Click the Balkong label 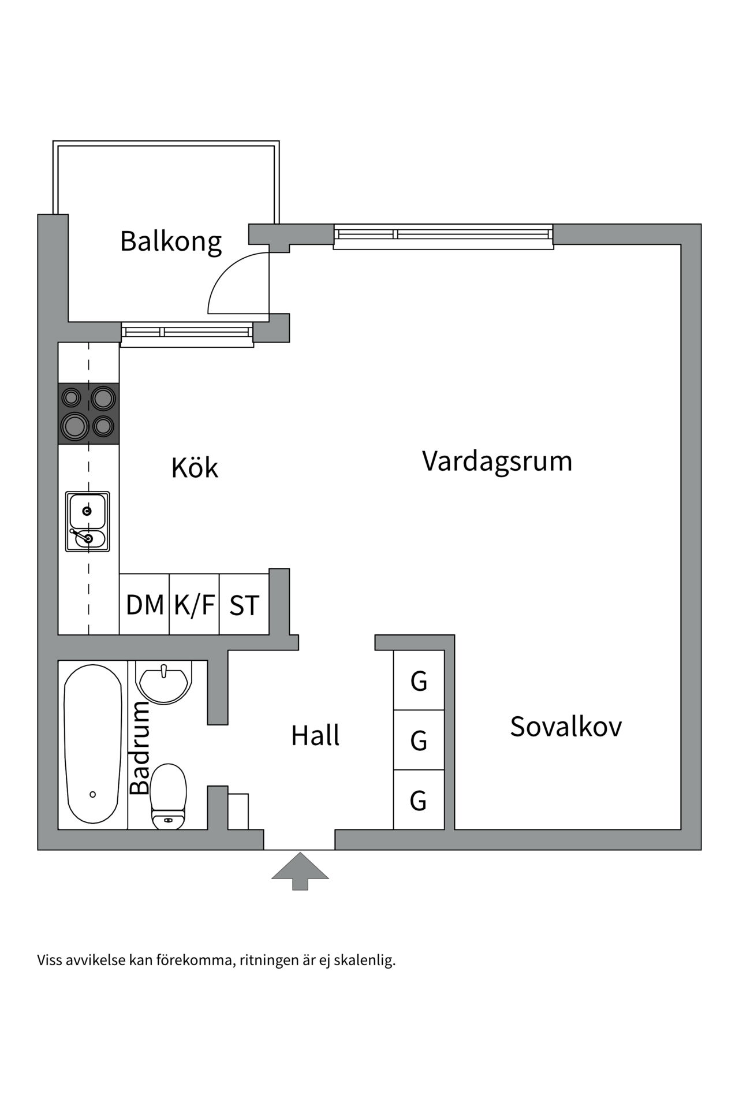[x=171, y=241]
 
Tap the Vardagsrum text [x=497, y=462]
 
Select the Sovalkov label [x=566, y=727]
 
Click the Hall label [x=315, y=736]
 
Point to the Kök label [x=195, y=468]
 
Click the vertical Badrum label [x=140, y=749]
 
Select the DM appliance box [x=144, y=605]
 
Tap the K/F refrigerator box [x=195, y=605]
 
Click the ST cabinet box [x=244, y=605]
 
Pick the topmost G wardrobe [x=419, y=680]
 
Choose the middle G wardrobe [x=419, y=740]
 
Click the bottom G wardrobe [x=419, y=801]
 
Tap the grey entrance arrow [x=300, y=870]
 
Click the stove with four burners [x=89, y=414]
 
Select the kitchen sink [x=88, y=522]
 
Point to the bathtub [x=93, y=744]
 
